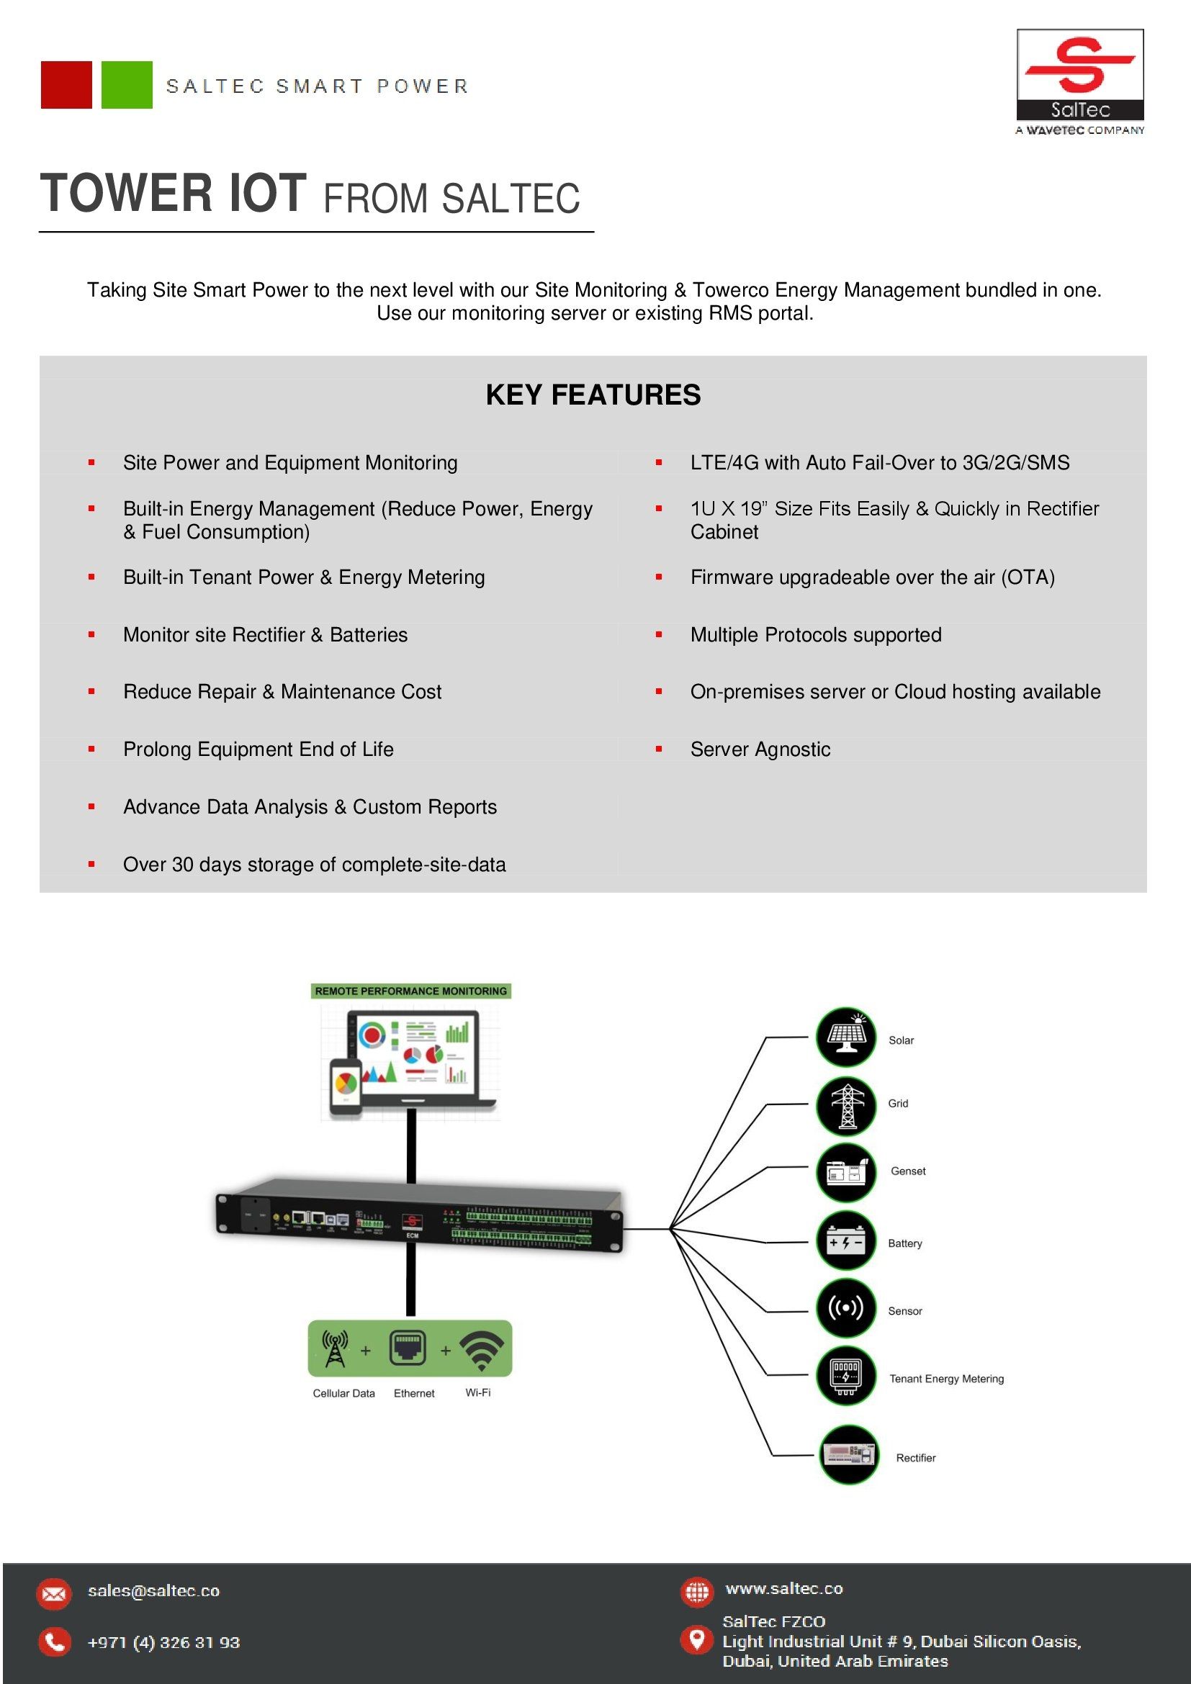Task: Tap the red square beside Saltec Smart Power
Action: (x=67, y=85)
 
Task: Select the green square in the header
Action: (x=127, y=85)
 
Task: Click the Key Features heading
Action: (x=593, y=395)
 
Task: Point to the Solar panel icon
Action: (x=846, y=1037)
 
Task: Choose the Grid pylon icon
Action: (x=846, y=1105)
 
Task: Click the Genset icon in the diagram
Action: (x=846, y=1172)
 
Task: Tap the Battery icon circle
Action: (x=846, y=1241)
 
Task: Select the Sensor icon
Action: (x=846, y=1308)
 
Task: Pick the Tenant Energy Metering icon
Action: (x=846, y=1376)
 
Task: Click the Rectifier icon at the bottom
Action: (x=848, y=1455)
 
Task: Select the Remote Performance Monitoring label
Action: (x=410, y=991)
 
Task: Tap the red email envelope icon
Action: (x=54, y=1594)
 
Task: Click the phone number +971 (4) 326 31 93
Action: (x=163, y=1643)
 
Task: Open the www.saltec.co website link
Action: (x=784, y=1590)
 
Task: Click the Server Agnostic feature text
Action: (x=760, y=749)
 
